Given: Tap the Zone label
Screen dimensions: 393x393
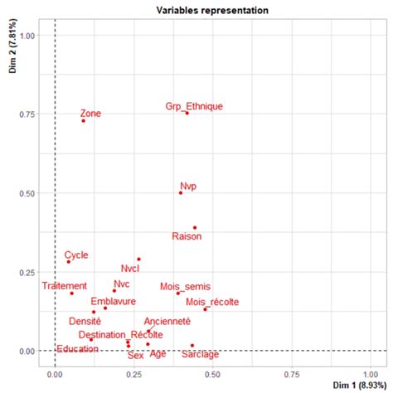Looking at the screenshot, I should (90, 113).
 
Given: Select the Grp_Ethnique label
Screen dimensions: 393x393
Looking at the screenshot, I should (194, 106).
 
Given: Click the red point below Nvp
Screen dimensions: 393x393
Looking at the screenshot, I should (181, 192).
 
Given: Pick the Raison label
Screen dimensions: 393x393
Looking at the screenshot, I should (187, 237).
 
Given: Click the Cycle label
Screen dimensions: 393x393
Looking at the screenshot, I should (76, 255).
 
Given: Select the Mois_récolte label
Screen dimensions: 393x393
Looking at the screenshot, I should (212, 302).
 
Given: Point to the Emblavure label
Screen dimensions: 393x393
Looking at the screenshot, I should (114, 302).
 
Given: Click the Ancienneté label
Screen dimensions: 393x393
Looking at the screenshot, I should (167, 321).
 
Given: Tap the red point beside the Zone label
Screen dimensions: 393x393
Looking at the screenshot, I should (83, 120).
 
